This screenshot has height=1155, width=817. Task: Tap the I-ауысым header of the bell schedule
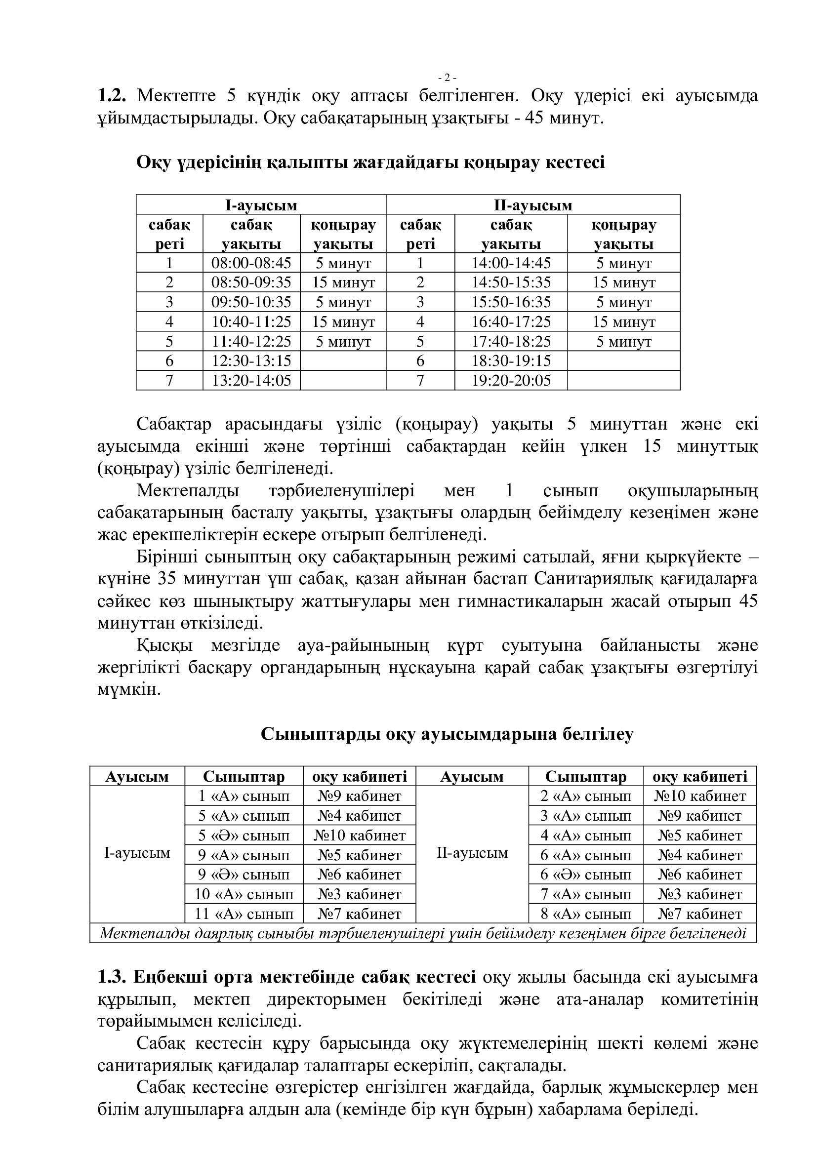click(x=261, y=205)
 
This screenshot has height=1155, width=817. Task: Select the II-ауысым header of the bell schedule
click(x=533, y=205)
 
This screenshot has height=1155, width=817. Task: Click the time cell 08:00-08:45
click(x=251, y=263)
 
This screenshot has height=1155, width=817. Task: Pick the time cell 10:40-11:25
click(x=251, y=321)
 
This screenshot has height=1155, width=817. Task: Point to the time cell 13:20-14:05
click(x=251, y=380)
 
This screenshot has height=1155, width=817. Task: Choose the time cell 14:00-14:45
click(x=511, y=263)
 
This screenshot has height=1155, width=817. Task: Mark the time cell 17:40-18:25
click(x=511, y=342)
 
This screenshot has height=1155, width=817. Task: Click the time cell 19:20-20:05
click(x=511, y=380)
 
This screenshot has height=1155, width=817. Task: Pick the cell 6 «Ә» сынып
click(x=586, y=875)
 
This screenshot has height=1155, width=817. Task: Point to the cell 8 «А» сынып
click(x=586, y=914)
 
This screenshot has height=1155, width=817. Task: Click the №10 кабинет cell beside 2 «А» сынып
click(x=699, y=797)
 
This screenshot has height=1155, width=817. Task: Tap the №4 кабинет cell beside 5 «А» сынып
click(x=359, y=815)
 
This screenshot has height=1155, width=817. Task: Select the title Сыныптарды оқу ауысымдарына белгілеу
click(x=447, y=734)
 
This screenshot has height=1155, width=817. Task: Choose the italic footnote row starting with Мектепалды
click(x=423, y=934)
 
